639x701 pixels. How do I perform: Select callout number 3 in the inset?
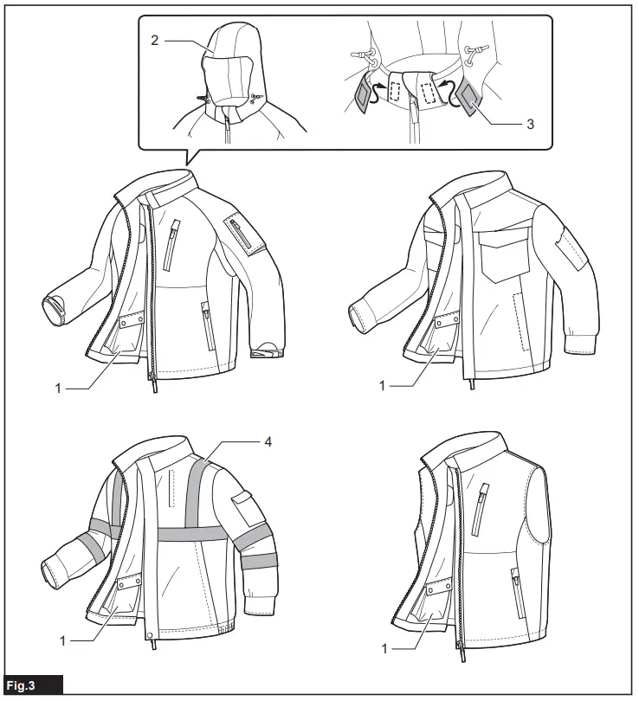click(530, 124)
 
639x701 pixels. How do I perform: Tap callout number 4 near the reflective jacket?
click(268, 441)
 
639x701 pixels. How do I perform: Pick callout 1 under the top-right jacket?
click(382, 384)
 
